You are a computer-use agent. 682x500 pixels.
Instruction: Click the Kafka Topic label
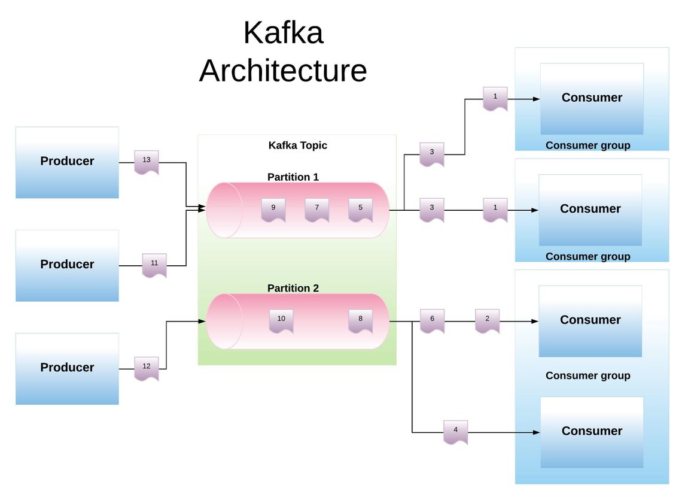click(x=297, y=146)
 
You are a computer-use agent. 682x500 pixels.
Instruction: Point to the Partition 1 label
click(x=293, y=177)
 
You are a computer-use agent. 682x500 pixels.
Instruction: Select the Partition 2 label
click(x=293, y=288)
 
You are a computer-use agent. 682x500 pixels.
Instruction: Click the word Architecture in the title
click(x=283, y=71)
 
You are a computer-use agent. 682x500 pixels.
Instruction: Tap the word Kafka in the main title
click(x=283, y=33)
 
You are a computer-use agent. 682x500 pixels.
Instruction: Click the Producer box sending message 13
click(x=67, y=162)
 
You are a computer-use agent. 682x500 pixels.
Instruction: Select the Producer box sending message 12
click(x=67, y=368)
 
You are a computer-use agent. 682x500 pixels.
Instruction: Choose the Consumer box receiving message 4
click(x=592, y=432)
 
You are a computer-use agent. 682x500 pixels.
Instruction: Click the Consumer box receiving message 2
click(x=590, y=320)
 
